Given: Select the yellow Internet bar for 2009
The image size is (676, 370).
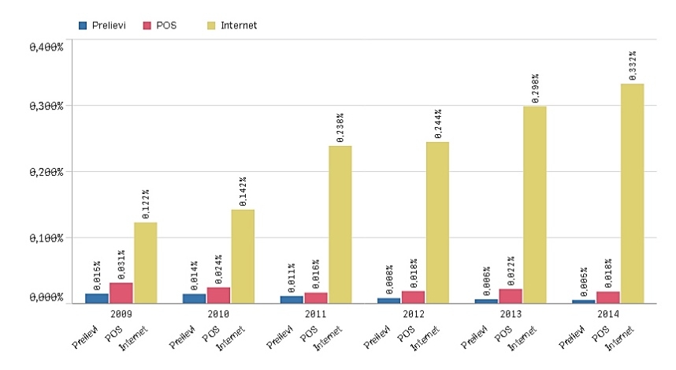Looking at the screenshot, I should tap(145, 263).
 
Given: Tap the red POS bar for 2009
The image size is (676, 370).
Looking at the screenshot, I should tap(121, 293).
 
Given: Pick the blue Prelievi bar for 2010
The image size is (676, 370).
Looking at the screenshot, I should tap(194, 298).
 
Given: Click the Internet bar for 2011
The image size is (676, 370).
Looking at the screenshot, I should tap(340, 224).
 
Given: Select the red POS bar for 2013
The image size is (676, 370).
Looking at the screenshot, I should tap(511, 296).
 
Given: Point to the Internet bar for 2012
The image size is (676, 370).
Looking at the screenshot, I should tap(437, 222).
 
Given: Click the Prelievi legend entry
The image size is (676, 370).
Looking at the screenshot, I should tap(103, 25).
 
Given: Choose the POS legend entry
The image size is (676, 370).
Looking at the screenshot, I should tap(159, 25).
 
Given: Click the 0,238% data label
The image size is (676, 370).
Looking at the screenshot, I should tap(340, 128).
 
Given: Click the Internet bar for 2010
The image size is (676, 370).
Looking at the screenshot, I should tap(243, 256).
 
